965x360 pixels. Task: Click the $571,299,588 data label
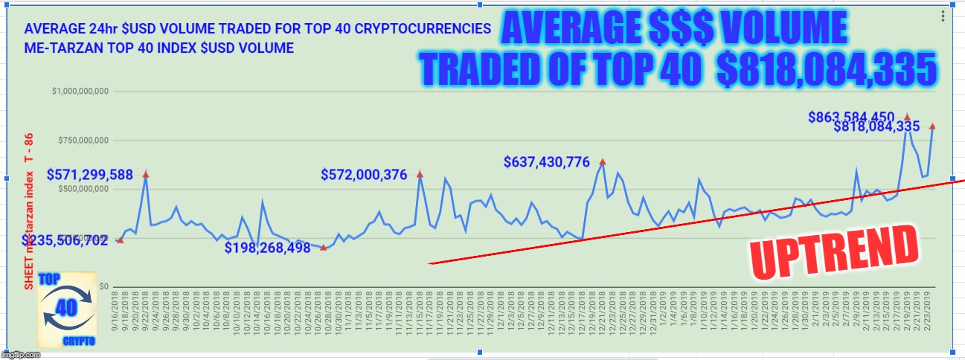tap(90, 176)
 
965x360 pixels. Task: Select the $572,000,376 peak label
tap(364, 176)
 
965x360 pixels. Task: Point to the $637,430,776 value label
tap(547, 161)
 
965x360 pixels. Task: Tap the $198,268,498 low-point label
tap(268, 248)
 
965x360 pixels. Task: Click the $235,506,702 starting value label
tap(65, 241)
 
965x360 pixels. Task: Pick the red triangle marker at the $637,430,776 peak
tap(603, 161)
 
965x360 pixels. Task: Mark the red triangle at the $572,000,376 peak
tap(420, 174)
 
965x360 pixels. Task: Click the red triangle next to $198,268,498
tap(323, 247)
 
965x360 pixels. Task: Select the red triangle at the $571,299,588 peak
tap(146, 174)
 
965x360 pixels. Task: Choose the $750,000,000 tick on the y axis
tap(83, 140)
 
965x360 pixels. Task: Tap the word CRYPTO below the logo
tap(79, 341)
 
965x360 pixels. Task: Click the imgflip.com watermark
tap(20, 354)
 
